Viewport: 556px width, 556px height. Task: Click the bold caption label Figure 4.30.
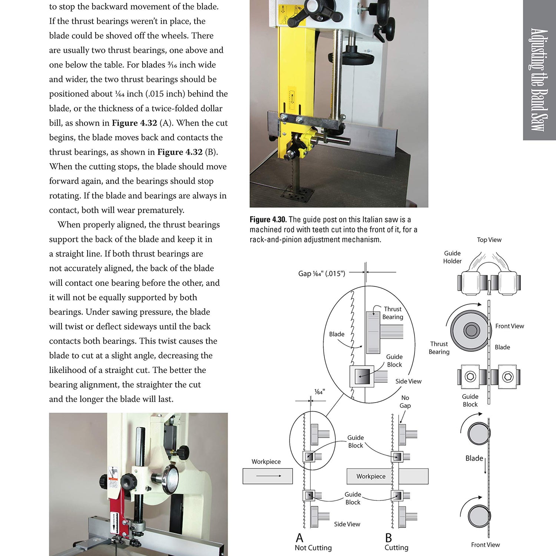pyautogui.click(x=268, y=220)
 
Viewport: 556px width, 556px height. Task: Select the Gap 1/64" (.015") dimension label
pyautogui.click(x=321, y=274)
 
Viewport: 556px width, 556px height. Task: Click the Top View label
pyautogui.click(x=489, y=240)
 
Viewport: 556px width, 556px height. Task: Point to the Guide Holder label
pyautogui.click(x=452, y=257)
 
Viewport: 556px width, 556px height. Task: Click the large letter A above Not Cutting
pyautogui.click(x=299, y=537)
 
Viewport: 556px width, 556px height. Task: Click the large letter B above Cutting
pyautogui.click(x=388, y=537)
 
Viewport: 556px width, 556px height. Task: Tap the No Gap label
pyautogui.click(x=405, y=401)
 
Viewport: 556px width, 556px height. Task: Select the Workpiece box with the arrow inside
pyautogui.click(x=268, y=476)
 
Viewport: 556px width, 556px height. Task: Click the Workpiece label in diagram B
pyautogui.click(x=371, y=476)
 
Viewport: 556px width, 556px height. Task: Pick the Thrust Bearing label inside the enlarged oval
pyautogui.click(x=393, y=313)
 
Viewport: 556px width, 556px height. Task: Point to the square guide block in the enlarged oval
pyautogui.click(x=362, y=377)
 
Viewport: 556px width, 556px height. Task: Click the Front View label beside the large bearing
pyautogui.click(x=509, y=326)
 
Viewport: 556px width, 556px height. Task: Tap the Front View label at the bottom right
pyautogui.click(x=485, y=545)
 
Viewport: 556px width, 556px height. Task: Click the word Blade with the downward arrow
pyautogui.click(x=474, y=459)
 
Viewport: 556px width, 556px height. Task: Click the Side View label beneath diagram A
pyautogui.click(x=347, y=524)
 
